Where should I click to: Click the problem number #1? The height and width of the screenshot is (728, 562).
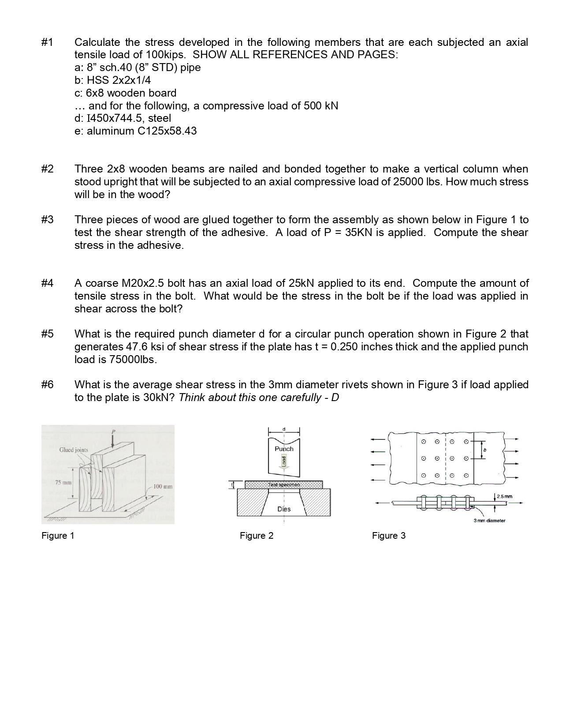tap(47, 42)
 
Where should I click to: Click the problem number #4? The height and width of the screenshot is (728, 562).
tap(47, 283)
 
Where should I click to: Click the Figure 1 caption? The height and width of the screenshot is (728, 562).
tap(58, 536)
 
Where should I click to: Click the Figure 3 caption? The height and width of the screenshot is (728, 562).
tap(388, 536)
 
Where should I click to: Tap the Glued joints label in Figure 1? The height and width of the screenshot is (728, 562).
tap(74, 450)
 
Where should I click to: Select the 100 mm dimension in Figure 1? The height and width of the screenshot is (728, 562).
tap(163, 487)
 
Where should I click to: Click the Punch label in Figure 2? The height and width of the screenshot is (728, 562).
tap(284, 449)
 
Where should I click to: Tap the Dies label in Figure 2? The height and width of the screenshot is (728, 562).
tap(284, 509)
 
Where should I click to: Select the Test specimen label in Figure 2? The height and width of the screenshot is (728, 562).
tap(284, 485)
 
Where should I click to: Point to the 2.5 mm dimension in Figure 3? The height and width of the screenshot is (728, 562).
tap(504, 496)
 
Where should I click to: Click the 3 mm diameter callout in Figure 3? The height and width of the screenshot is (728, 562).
tap(489, 521)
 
